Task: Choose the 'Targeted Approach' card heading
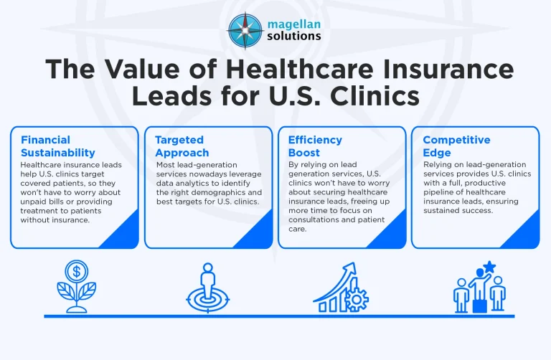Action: (x=179, y=146)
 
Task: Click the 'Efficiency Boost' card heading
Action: (x=315, y=146)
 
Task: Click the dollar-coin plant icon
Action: (x=76, y=287)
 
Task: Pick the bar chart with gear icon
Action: (x=340, y=288)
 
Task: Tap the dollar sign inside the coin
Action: (x=76, y=272)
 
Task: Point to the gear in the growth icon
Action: (x=357, y=298)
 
